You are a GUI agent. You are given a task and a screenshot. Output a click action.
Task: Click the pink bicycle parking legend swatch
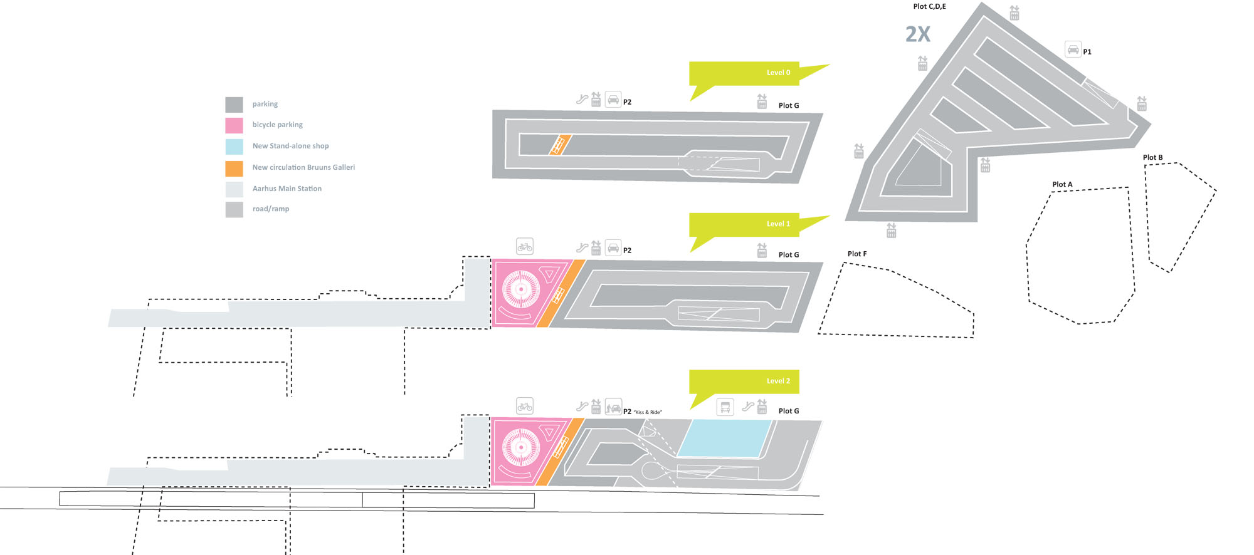[234, 125]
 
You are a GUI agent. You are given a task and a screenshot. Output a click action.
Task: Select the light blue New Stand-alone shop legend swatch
[234, 147]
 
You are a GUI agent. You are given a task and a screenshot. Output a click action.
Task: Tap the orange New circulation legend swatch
[234, 168]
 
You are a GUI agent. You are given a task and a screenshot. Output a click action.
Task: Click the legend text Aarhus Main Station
[287, 189]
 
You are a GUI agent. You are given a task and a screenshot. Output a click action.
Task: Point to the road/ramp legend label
[270, 209]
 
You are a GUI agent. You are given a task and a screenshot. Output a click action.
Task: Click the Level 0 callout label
[778, 73]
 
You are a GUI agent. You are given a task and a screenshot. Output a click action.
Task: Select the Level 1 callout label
[778, 224]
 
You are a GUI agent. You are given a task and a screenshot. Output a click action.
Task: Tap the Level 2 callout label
[778, 381]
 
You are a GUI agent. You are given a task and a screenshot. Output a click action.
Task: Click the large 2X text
[917, 34]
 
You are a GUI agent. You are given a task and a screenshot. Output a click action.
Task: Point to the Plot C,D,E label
[929, 6]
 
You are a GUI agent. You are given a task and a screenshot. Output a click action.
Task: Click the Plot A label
[1062, 184]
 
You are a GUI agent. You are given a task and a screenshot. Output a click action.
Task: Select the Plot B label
[1152, 157]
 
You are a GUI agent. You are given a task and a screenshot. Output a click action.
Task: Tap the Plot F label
[856, 254]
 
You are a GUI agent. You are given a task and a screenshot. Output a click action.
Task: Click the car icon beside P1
[1073, 49]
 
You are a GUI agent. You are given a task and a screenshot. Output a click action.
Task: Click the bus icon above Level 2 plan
[725, 407]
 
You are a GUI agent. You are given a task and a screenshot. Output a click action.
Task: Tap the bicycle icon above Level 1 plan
[525, 247]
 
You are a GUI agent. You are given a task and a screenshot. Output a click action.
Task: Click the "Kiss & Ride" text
[648, 412]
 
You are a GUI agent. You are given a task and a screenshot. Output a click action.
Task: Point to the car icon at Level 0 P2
[613, 100]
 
